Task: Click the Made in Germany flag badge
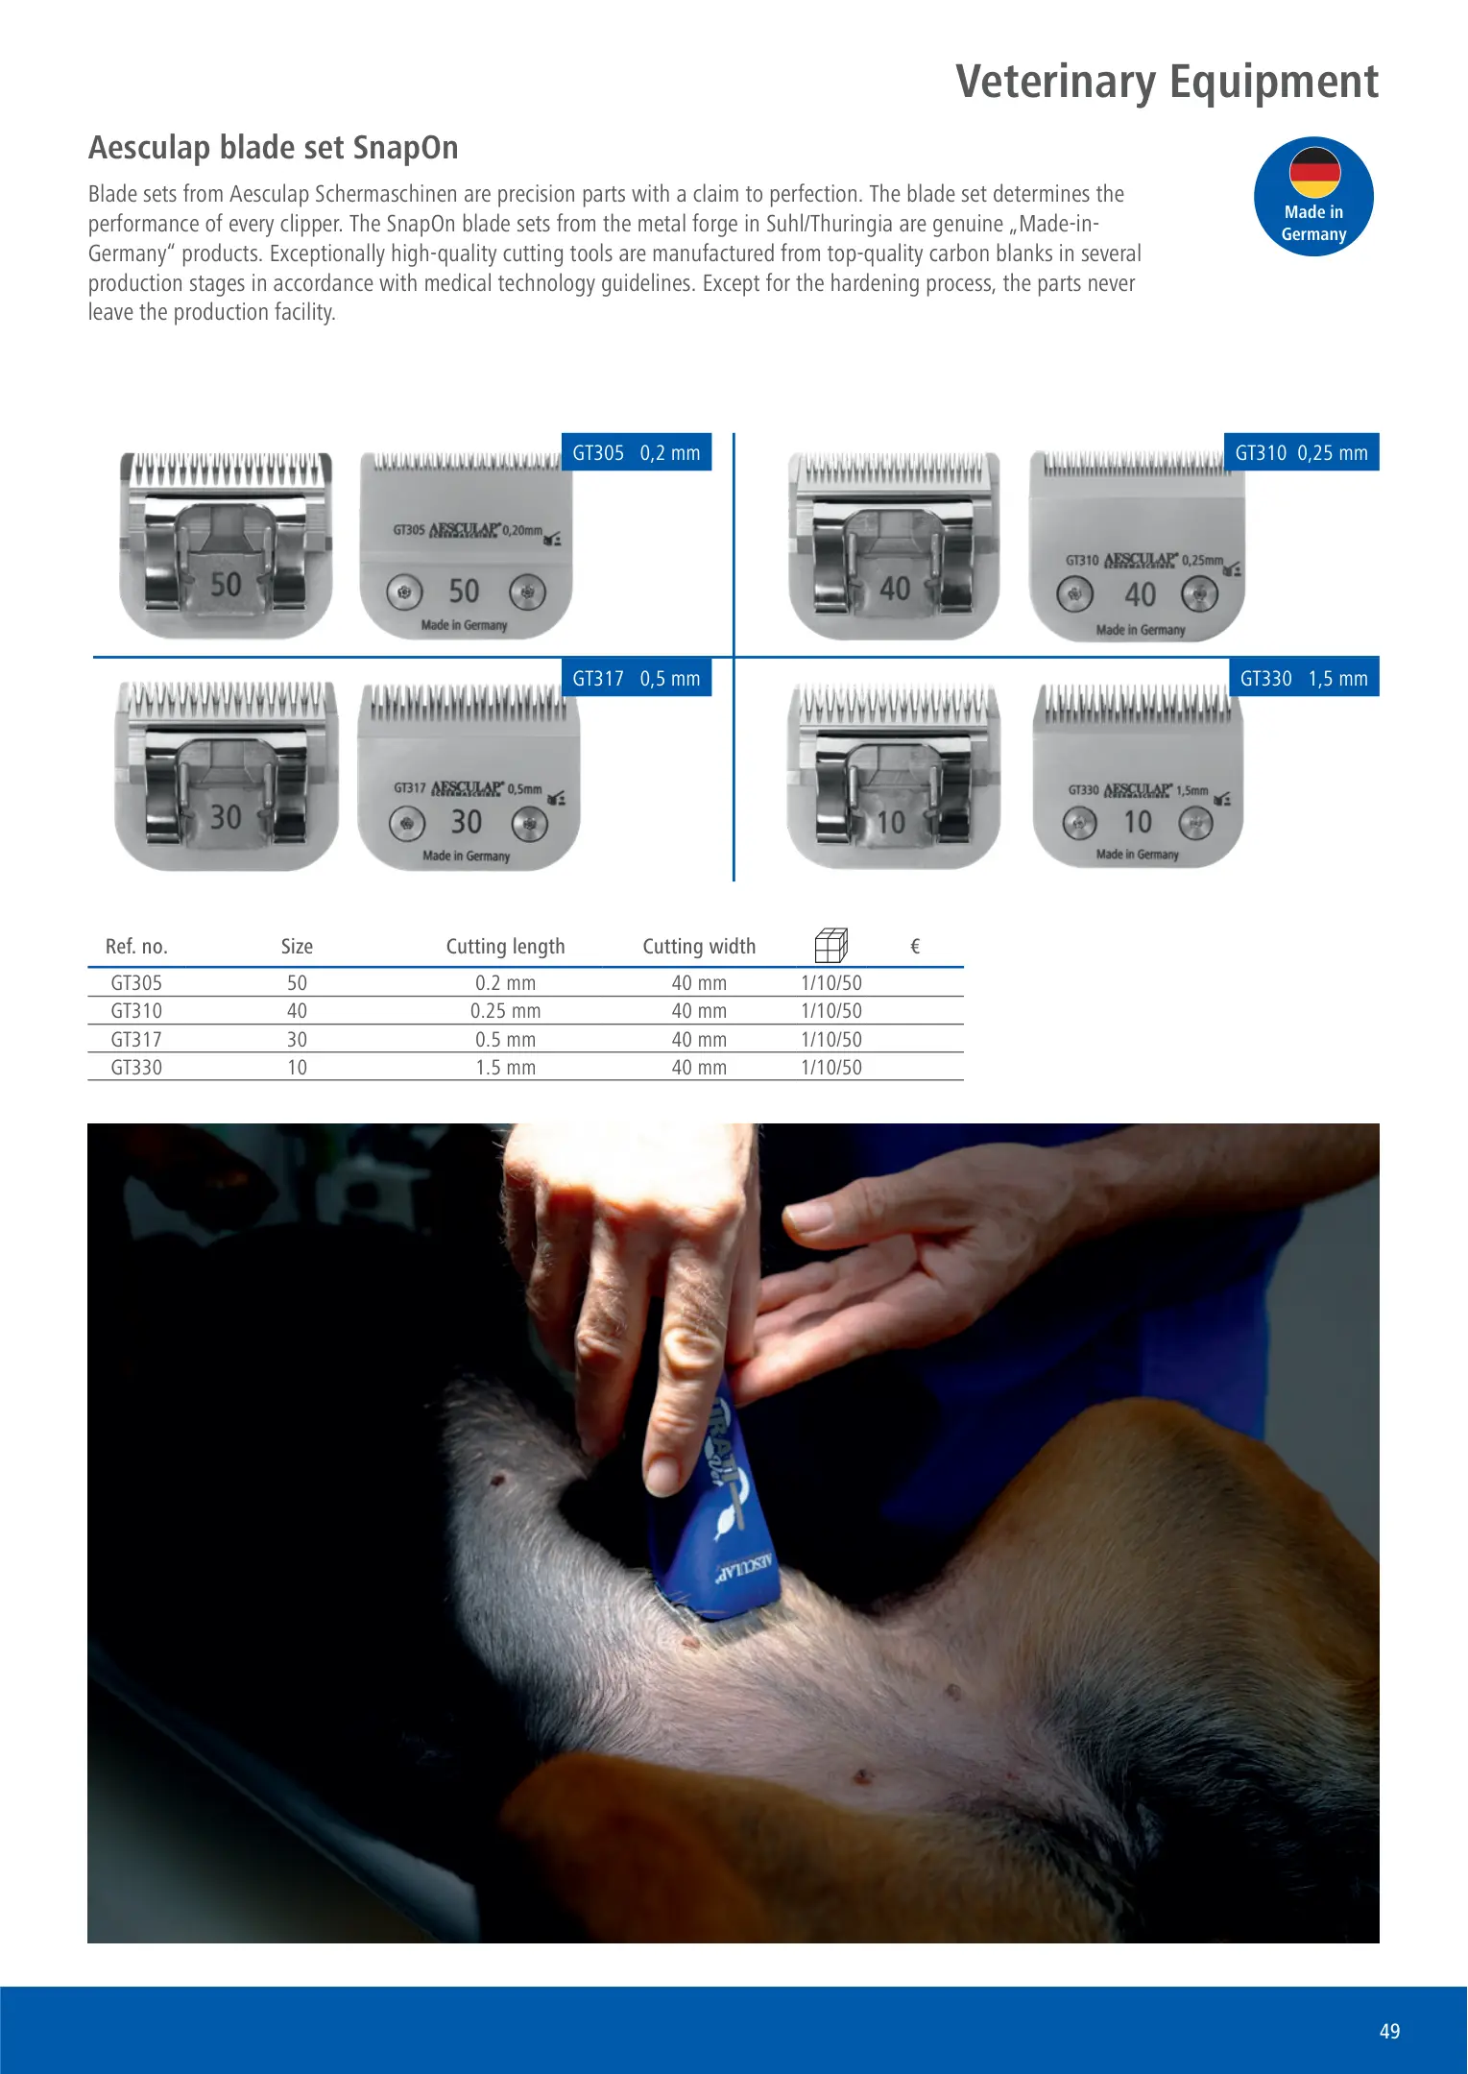[x=1313, y=197]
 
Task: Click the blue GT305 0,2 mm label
[x=636, y=452]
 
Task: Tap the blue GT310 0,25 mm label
[x=1301, y=452]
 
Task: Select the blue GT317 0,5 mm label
[x=636, y=678]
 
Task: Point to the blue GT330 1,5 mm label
[x=1304, y=678]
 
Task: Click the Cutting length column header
[x=505, y=947]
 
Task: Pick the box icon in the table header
[x=830, y=945]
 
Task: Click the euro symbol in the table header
[x=915, y=947]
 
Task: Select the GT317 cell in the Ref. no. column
[x=136, y=1040]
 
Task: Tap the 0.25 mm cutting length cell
[x=505, y=1011]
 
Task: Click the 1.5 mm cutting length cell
[x=505, y=1068]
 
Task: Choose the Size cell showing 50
[x=297, y=983]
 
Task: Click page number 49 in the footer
[x=1389, y=2031]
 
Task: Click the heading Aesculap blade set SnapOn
[x=274, y=148]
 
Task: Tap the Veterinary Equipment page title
[x=1167, y=82]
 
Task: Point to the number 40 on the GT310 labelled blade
[x=1140, y=594]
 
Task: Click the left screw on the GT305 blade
[x=404, y=592]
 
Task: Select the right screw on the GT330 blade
[x=1195, y=823]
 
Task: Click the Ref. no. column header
[x=136, y=947]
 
